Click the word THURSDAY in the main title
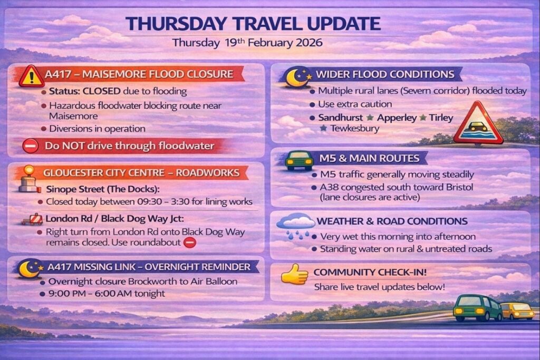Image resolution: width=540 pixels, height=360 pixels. [x=176, y=24]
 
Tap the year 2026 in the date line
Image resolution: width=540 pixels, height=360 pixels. [x=309, y=43]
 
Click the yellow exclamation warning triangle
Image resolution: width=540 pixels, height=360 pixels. [x=31, y=76]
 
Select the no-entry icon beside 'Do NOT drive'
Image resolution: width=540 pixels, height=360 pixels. [x=30, y=146]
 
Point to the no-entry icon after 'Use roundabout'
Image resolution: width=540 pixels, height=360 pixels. [x=190, y=242]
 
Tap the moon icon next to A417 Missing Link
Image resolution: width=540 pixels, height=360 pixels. [x=30, y=268]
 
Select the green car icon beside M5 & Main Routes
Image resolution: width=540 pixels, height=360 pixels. [x=299, y=160]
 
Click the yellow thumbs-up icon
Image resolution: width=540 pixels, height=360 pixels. [x=294, y=274]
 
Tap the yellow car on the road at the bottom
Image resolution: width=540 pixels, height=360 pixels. [x=518, y=311]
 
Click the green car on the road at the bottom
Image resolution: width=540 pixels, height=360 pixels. [x=478, y=308]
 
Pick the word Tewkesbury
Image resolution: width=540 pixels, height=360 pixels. [x=355, y=129]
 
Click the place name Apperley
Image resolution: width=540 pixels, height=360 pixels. [x=397, y=118]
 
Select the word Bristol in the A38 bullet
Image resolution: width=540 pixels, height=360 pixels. [x=459, y=187]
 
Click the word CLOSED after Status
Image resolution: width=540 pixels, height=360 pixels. [x=101, y=91]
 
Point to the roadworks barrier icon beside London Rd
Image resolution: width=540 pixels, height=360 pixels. [x=32, y=219]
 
